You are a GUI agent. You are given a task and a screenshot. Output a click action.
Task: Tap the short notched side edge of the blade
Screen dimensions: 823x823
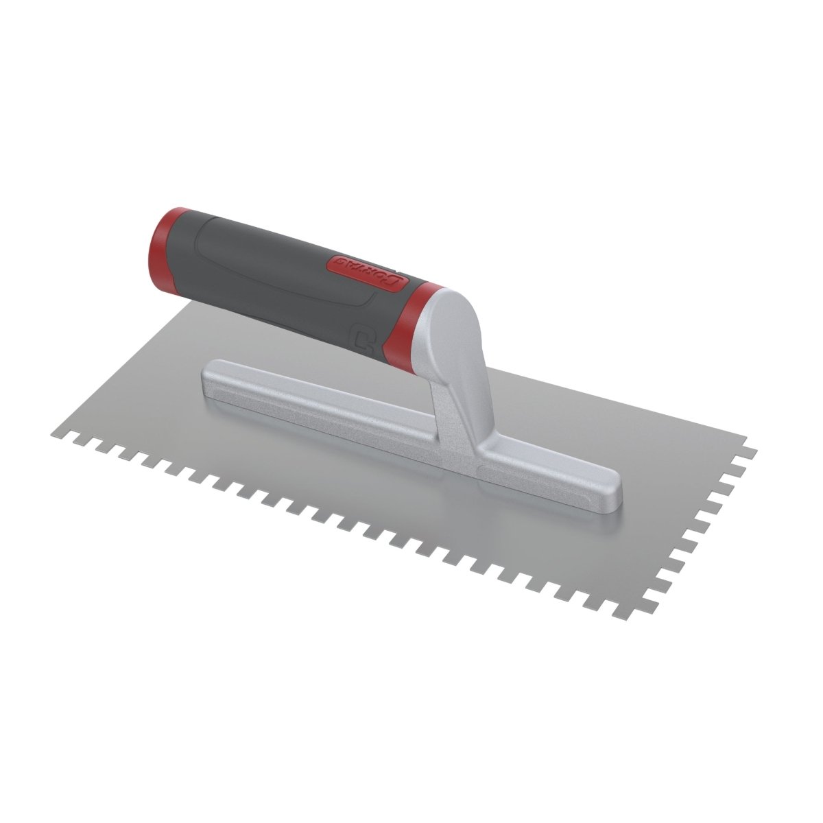point(706,528)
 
